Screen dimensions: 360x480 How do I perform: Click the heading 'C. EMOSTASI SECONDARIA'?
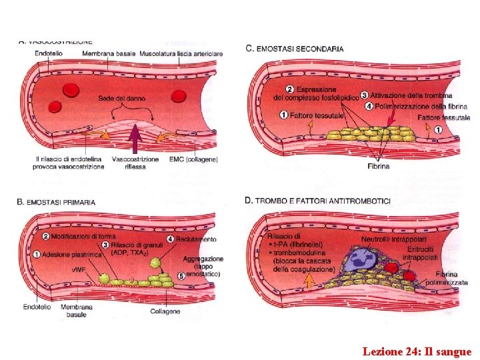[x=295, y=49]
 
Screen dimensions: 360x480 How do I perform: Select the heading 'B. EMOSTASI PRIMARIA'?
[x=56, y=202]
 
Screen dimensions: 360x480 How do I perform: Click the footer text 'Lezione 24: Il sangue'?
[x=417, y=351]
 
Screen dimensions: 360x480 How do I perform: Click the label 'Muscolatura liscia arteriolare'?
[x=181, y=53]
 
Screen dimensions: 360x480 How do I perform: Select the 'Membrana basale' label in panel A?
[x=109, y=53]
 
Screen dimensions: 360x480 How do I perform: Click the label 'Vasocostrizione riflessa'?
[x=135, y=163]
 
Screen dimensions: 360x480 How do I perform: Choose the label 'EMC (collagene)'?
[x=193, y=160]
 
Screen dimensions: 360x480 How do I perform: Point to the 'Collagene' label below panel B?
[x=164, y=311]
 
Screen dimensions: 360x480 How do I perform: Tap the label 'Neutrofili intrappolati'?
[x=393, y=239]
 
